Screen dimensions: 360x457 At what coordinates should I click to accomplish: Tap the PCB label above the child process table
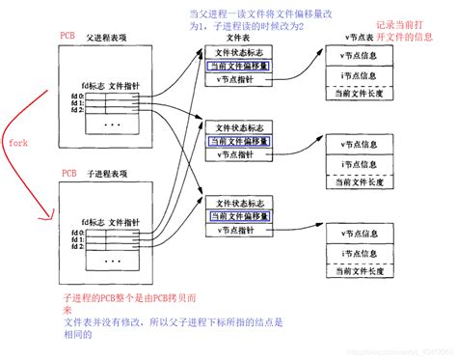[68, 174]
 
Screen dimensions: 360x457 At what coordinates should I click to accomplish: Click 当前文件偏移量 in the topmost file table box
[237, 68]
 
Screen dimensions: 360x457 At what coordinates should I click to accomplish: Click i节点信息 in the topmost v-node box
[356, 76]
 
